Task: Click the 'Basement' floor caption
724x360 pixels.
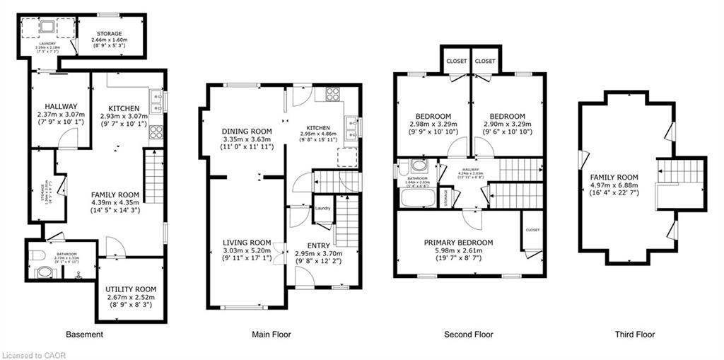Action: pos(84,335)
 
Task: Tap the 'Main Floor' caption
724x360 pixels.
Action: pos(272,335)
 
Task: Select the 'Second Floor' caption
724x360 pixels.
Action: pos(468,335)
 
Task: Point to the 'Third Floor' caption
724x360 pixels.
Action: pos(634,335)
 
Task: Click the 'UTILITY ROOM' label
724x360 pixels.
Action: pos(131,289)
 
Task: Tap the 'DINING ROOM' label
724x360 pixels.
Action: pos(247,131)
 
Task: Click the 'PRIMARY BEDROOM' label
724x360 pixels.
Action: pos(458,243)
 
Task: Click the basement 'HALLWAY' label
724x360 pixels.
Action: pos(60,106)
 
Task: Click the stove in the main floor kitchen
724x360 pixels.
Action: pos(332,93)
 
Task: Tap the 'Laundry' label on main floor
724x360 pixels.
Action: pos(323,208)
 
